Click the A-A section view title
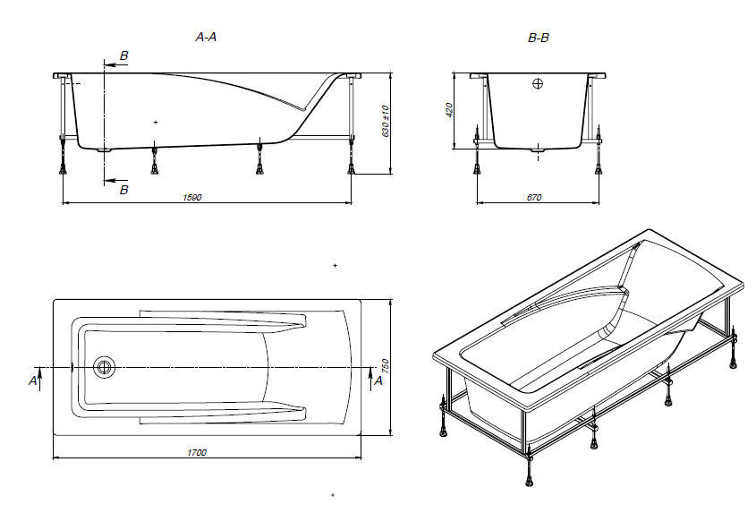coord(207,38)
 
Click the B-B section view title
coord(539,38)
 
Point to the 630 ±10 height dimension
coord(386,122)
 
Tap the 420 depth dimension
coord(450,109)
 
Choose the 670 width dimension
coord(534,197)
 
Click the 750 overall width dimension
coord(386,366)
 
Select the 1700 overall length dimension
coord(198,453)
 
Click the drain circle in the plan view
coord(105,366)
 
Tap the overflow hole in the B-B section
coord(538,84)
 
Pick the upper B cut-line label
coord(123,56)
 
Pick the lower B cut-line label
coord(123,190)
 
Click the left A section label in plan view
coord(33,380)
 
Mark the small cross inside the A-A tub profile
coord(156,121)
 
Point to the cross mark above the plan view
coord(335,266)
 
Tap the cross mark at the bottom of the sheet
coord(332,494)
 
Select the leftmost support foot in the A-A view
coord(63,164)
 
